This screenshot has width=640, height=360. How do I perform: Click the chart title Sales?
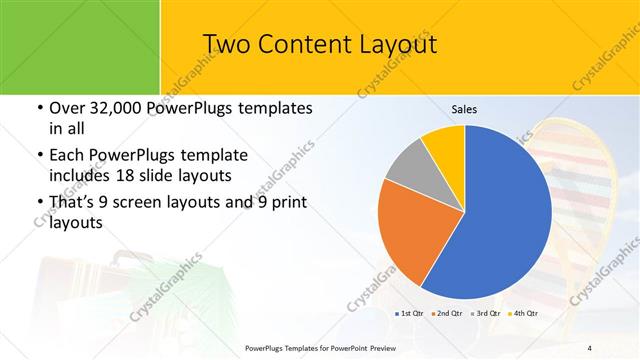[465, 108]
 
